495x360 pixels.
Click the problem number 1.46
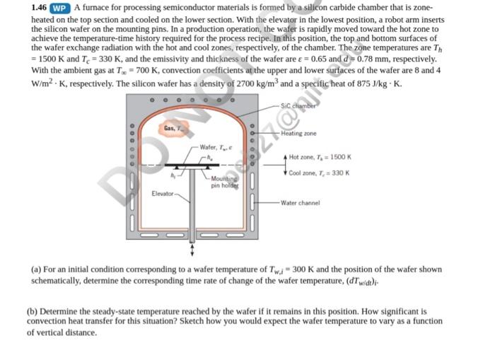click(x=40, y=8)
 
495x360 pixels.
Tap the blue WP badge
click(x=61, y=8)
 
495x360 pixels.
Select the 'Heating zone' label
click(x=298, y=133)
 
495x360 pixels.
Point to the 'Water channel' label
click(x=299, y=203)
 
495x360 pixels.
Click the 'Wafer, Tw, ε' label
click(x=217, y=147)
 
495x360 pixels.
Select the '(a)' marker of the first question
click(x=37, y=269)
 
